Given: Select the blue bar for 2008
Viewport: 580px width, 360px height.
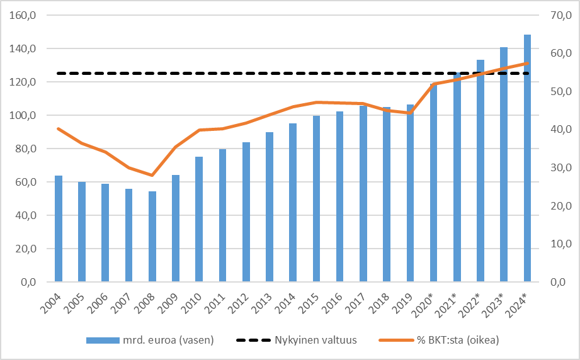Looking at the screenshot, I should coord(152,237).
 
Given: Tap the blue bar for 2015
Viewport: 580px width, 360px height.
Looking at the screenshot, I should coord(316,199).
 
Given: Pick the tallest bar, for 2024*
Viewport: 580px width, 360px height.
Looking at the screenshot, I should coord(527,158).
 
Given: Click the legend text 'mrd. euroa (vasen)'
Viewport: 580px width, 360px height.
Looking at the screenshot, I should coord(171,340).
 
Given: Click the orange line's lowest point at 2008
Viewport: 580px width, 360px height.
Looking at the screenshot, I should coord(152,175).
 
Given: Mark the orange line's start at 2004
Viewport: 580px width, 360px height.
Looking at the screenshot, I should coord(59,129).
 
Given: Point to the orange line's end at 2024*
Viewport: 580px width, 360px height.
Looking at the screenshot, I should coord(527,63).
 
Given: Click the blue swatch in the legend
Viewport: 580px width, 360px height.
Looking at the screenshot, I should coord(103,340).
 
